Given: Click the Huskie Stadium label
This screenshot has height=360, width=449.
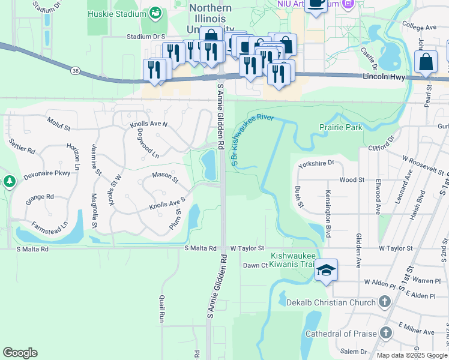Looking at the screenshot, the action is [x=116, y=13].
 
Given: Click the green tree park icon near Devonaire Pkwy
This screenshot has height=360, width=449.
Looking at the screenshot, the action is [x=9, y=181].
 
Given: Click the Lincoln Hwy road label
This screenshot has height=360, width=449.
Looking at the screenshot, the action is [x=385, y=77].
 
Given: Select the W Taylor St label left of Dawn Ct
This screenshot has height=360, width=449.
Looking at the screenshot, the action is [x=247, y=248].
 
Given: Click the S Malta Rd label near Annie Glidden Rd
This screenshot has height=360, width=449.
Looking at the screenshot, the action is [x=200, y=248].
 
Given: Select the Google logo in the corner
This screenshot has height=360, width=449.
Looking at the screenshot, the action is [x=20, y=353].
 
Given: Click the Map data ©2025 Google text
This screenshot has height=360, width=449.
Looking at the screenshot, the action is [x=411, y=355].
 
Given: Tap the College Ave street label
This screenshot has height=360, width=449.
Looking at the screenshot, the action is [x=419, y=28].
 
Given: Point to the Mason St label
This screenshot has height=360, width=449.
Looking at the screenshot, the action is [x=166, y=176].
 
